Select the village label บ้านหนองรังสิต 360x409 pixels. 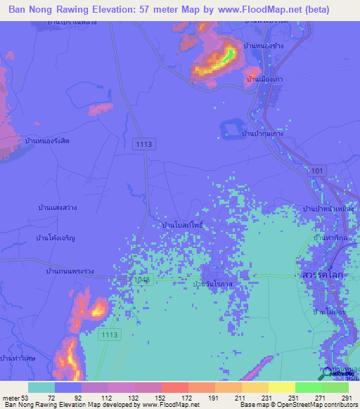pyautogui.click(x=48, y=141)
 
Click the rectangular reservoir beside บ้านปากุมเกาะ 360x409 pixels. pyautogui.click(x=231, y=129)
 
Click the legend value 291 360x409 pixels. pyautogui.click(x=345, y=398)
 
